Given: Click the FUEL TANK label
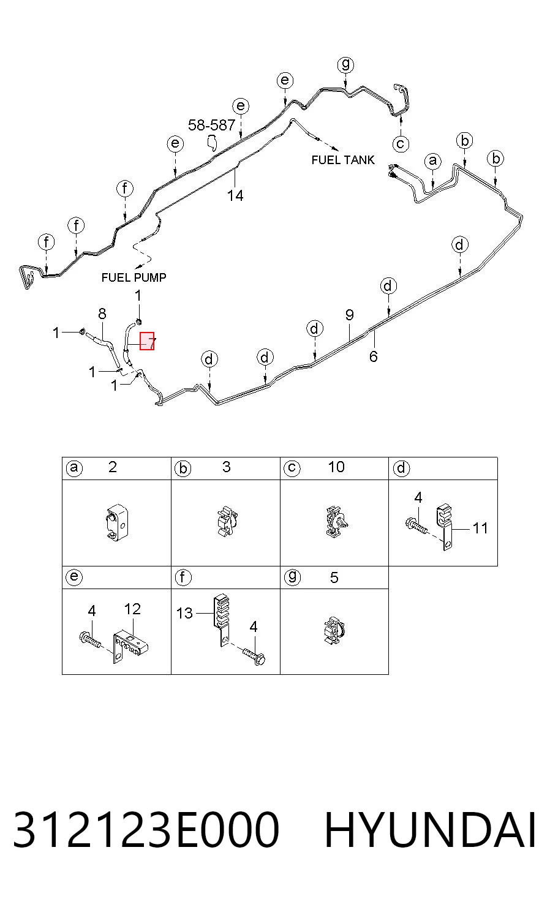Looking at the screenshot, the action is (x=343, y=160).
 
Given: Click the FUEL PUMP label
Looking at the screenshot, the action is (x=134, y=277).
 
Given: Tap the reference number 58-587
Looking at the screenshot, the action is (x=211, y=125).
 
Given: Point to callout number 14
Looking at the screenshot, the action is (x=235, y=195).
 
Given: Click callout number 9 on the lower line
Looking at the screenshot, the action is (x=349, y=315).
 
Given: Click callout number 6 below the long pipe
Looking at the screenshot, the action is (x=374, y=356).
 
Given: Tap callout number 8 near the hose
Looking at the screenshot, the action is (x=102, y=314).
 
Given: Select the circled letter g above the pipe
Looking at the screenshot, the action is (x=345, y=65).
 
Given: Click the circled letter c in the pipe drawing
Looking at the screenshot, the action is (x=401, y=144).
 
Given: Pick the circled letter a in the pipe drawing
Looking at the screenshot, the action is (x=433, y=161).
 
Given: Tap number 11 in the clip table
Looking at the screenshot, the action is (x=480, y=528).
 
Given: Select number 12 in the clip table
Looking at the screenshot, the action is (x=132, y=609).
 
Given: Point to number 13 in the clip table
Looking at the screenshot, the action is (x=185, y=613).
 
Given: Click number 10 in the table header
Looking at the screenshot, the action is (x=336, y=467).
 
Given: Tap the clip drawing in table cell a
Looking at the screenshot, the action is (x=116, y=523).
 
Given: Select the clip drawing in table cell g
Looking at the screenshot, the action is (x=334, y=631).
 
